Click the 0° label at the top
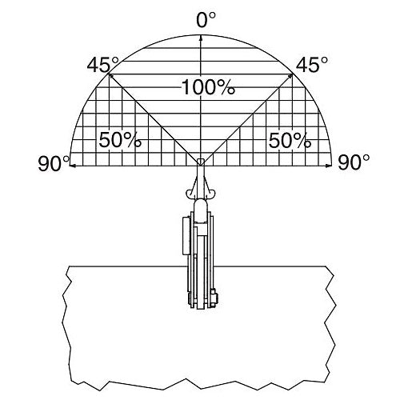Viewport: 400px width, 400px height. click(x=206, y=20)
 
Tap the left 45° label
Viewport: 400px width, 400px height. click(x=102, y=65)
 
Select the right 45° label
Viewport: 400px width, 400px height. click(x=312, y=65)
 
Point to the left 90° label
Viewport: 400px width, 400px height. click(x=54, y=163)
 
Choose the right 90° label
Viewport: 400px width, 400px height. click(x=354, y=162)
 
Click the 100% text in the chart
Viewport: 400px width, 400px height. click(x=208, y=87)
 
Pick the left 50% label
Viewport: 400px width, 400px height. click(x=120, y=140)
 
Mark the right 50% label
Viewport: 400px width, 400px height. click(x=290, y=140)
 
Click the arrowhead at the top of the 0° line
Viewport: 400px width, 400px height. click(x=201, y=38)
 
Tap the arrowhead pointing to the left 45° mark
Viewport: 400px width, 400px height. click(x=110, y=77)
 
